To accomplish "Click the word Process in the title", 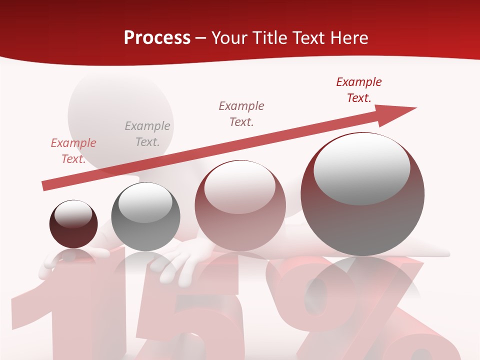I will point(157,38).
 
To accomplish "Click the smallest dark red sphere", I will point(73,224).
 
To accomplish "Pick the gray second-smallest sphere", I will point(145,217).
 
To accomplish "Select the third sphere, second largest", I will point(240,206).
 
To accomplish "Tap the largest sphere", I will point(362,194).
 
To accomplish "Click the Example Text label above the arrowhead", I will point(359,90).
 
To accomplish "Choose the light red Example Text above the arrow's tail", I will point(73,151).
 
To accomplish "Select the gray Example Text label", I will point(147,134).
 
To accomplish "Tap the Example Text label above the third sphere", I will point(241,113).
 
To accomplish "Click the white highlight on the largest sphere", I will point(361,167).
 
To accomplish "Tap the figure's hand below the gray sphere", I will point(177,260).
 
